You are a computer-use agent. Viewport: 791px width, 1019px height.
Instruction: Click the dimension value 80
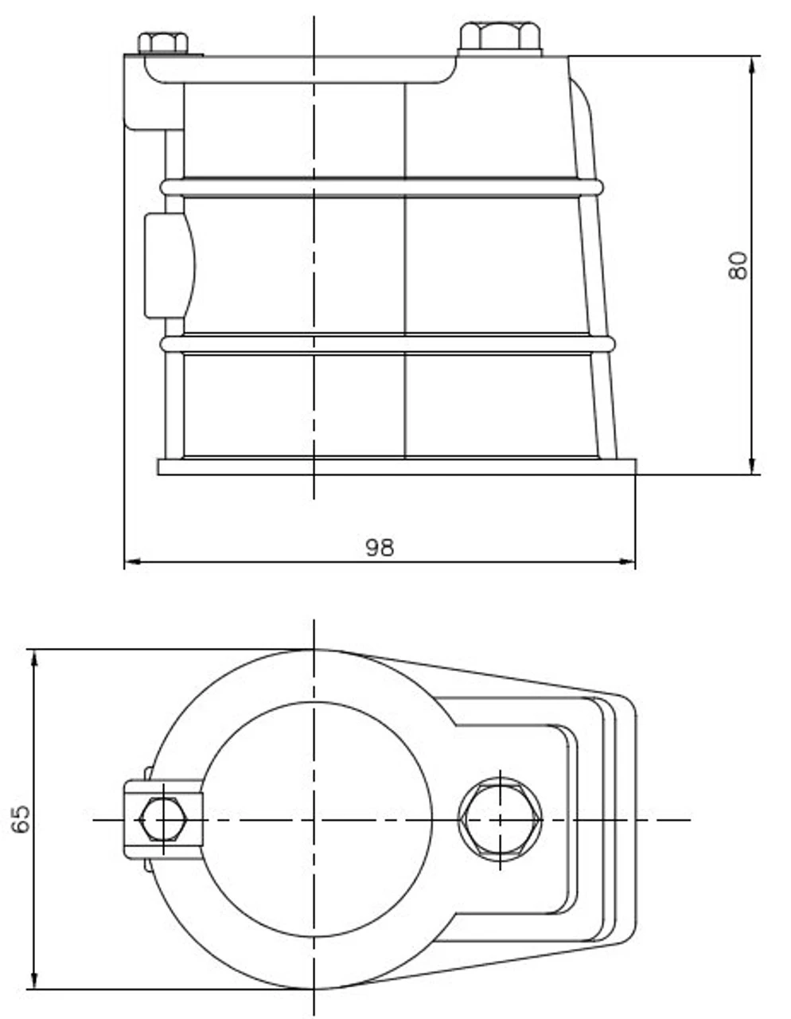[738, 265]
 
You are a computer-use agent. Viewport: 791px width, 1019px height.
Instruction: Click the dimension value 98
[380, 547]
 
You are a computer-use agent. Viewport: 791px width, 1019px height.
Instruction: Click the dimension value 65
[21, 818]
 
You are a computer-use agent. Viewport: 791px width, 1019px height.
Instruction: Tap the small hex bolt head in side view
[163, 42]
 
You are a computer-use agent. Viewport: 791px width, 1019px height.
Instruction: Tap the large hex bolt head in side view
[500, 37]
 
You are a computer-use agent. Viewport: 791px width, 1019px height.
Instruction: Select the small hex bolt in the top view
[162, 819]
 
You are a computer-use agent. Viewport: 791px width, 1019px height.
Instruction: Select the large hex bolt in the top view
[501, 819]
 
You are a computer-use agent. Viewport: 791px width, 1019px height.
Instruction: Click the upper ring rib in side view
[382, 188]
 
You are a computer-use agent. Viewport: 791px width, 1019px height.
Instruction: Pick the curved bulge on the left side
[169, 265]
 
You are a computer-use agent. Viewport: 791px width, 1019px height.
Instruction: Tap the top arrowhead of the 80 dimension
[752, 64]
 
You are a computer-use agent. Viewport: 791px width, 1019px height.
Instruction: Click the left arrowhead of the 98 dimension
[132, 562]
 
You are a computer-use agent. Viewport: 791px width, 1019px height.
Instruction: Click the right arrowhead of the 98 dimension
[628, 562]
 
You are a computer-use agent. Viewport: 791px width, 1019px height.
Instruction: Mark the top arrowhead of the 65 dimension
[34, 658]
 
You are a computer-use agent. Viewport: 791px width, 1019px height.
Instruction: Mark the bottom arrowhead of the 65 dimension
[34, 981]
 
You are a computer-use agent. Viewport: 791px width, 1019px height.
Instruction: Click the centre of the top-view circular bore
[315, 819]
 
